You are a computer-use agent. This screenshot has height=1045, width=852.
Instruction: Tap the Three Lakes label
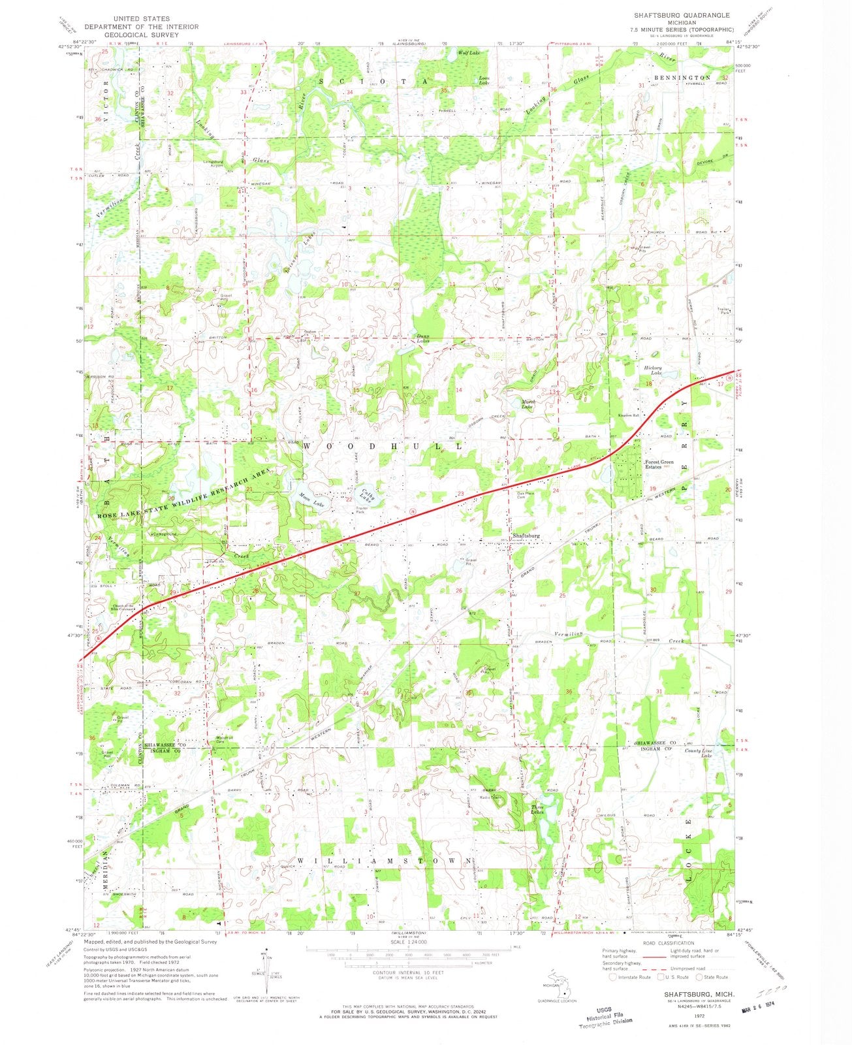pyautogui.click(x=537, y=809)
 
